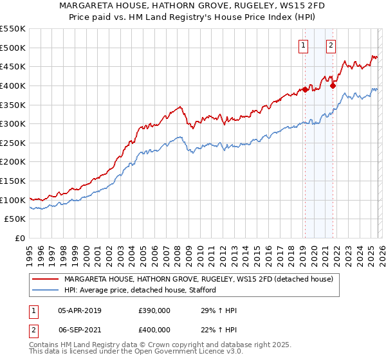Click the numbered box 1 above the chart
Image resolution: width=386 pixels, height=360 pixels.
coord(303,45)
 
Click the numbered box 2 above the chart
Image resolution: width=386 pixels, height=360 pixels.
coord(331,45)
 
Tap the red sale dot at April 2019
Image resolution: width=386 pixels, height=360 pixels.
coord(305,89)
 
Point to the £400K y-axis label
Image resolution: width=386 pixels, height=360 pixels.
coord(13,85)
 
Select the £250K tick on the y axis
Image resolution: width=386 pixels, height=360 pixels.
coord(13,143)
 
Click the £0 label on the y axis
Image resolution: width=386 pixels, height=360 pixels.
coord(20,238)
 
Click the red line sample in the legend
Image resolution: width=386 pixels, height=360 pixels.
coord(46,279)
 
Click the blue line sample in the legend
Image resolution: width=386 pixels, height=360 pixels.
coord(46,291)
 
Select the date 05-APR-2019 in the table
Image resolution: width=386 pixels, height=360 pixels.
coord(79,310)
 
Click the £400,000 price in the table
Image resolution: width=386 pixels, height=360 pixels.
coord(154,328)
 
